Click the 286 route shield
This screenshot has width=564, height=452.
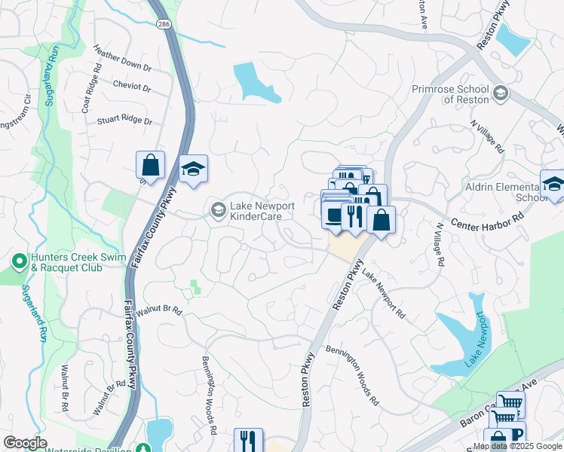click(164, 25)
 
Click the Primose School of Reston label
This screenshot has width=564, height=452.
click(451, 95)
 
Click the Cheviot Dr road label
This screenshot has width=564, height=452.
click(132, 87)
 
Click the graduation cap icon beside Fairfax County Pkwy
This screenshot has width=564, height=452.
click(194, 169)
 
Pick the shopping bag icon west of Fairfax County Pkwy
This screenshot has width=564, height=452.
click(150, 165)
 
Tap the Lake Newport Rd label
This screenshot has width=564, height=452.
click(382, 295)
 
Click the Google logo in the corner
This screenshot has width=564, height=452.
click(25, 443)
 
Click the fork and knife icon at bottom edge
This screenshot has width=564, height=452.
click(248, 440)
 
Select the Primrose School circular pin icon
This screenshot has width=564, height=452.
click(501, 94)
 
